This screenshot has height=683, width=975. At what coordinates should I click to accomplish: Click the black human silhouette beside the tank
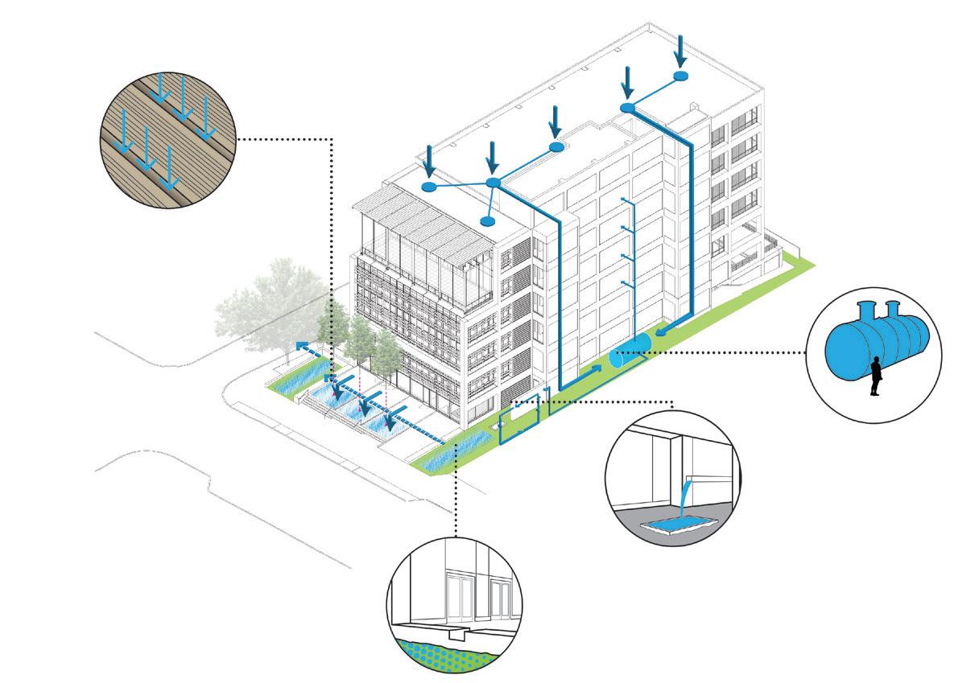(874, 378)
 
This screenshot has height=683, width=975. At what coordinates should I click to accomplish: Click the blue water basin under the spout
(675, 527)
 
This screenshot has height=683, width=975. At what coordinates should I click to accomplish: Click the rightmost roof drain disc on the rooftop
(680, 76)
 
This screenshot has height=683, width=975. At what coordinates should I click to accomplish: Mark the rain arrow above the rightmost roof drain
(680, 51)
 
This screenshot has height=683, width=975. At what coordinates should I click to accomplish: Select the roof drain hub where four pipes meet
(494, 183)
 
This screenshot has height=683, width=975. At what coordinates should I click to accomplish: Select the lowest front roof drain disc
(486, 220)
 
